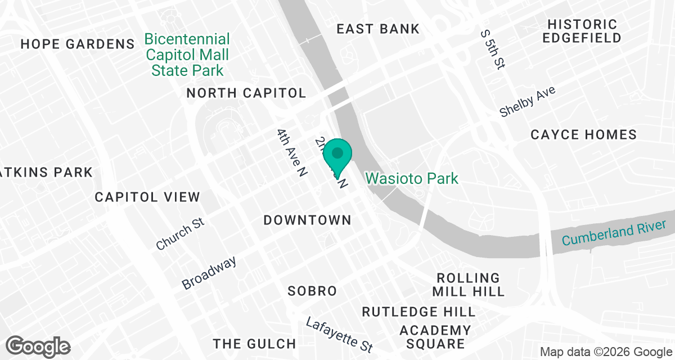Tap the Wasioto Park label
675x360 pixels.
pos(412,179)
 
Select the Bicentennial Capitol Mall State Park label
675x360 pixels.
pos(187,55)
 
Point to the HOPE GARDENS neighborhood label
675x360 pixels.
pos(78,44)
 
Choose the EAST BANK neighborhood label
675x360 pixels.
pos(378,29)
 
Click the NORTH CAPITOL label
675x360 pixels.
pos(246,93)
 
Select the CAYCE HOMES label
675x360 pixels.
pos(584,134)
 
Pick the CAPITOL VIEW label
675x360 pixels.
pos(147,197)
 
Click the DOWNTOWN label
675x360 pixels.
pos(308,220)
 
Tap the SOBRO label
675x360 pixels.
pos(312,291)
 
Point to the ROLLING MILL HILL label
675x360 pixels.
pos(468,285)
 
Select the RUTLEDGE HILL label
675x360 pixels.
pos(418,312)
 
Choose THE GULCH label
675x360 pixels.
pos(254,344)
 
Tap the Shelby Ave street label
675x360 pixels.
pos(527,102)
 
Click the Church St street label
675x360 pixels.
pos(180,235)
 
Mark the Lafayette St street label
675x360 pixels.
pos(340,332)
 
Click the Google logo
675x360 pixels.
pos(38,346)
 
